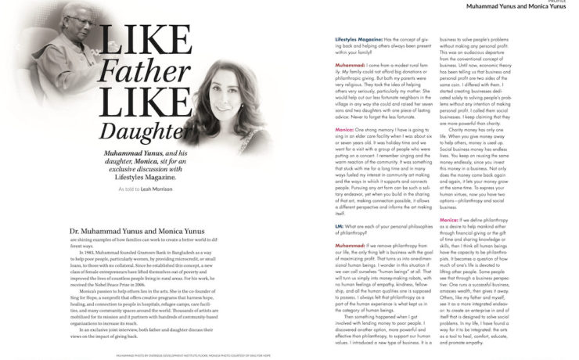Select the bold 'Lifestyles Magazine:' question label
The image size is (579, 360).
[360, 38]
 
